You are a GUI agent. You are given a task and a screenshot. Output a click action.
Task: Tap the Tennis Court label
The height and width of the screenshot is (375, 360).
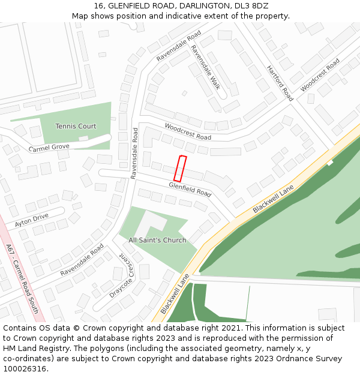click(x=76, y=126)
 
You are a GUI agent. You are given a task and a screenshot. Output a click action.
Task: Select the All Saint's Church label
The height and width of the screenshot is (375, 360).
click(x=157, y=240)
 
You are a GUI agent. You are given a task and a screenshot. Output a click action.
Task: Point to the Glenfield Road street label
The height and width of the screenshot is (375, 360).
click(x=190, y=190)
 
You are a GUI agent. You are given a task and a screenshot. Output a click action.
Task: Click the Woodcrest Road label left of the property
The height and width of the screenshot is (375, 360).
click(x=188, y=132)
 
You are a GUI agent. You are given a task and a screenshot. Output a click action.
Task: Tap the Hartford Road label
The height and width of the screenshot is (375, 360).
click(x=280, y=83)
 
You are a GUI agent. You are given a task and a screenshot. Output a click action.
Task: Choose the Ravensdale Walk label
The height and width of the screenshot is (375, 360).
click(x=205, y=67)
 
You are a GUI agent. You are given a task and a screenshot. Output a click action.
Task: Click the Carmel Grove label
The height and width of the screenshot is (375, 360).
click(x=49, y=148)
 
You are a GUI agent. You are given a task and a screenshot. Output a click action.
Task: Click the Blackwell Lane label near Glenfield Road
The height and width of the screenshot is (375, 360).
click(x=273, y=199)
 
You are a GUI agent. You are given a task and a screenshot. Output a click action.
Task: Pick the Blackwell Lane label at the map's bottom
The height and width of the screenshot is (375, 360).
click(x=175, y=294)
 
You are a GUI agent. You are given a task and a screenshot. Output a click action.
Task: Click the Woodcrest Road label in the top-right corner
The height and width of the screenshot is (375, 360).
click(x=320, y=75)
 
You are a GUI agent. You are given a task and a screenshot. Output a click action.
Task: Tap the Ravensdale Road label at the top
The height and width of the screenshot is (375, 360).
click(x=178, y=46)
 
